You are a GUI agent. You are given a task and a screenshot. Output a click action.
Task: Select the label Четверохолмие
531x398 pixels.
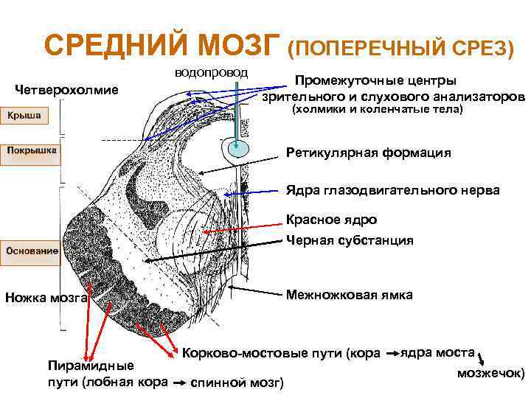click(67, 91)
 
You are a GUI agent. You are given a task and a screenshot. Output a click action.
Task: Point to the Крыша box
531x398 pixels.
click(25, 116)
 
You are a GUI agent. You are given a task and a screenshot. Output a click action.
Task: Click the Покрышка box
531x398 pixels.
click(32, 150)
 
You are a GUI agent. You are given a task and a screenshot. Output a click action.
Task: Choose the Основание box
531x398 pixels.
click(32, 251)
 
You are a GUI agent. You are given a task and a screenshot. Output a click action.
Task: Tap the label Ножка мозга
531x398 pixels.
click(46, 298)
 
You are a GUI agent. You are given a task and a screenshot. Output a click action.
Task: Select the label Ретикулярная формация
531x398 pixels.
click(368, 153)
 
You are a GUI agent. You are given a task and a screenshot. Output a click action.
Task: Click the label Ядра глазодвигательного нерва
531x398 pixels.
click(392, 190)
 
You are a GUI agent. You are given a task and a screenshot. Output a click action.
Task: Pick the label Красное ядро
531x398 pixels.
click(331, 220)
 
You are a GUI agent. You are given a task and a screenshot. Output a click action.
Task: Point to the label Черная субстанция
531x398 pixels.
click(350, 240)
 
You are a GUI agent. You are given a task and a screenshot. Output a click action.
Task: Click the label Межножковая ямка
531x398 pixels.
click(350, 295)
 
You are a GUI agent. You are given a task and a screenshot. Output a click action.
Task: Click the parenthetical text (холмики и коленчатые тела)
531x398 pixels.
click(377, 109)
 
